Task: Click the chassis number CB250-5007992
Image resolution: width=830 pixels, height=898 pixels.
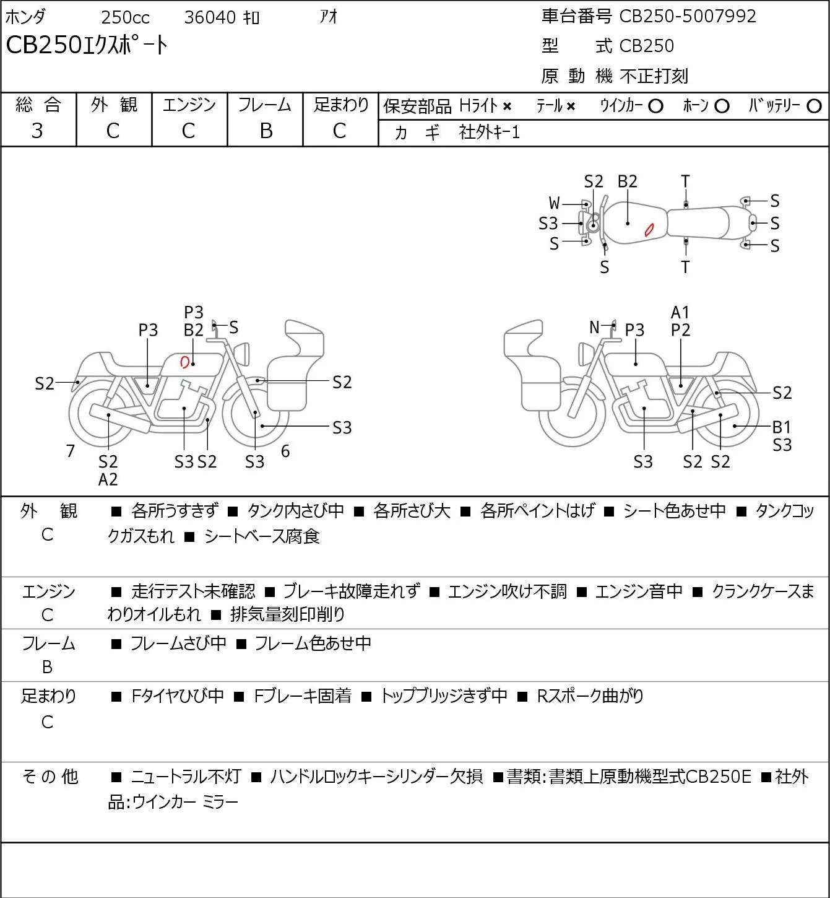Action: pyautogui.click(x=687, y=17)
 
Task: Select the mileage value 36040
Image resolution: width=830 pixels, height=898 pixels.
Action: pyautogui.click(x=210, y=17)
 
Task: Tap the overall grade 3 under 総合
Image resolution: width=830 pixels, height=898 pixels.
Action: pyautogui.click(x=37, y=131)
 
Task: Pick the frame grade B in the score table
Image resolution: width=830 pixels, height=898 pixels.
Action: pyautogui.click(x=266, y=131)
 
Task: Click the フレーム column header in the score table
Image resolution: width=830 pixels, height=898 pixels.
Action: pyautogui.click(x=264, y=105)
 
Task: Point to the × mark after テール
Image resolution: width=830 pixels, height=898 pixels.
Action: pyautogui.click(x=571, y=107)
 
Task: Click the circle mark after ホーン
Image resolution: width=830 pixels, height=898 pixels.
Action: pyautogui.click(x=722, y=107)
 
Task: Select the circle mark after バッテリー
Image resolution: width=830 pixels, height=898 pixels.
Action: pyautogui.click(x=814, y=107)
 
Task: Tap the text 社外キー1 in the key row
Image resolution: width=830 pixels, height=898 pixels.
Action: pyautogui.click(x=489, y=133)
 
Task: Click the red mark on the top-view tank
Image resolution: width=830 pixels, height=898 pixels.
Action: pyautogui.click(x=649, y=230)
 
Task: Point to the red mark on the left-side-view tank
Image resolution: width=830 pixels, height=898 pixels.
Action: pyautogui.click(x=184, y=361)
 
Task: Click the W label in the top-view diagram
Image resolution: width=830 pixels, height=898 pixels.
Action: pyautogui.click(x=554, y=204)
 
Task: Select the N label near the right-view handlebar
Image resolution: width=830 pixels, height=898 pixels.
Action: pyautogui.click(x=594, y=327)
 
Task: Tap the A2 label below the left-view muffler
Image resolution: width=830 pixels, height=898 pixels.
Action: pyautogui.click(x=108, y=479)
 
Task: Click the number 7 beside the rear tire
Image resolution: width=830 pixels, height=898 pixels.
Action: pyautogui.click(x=70, y=451)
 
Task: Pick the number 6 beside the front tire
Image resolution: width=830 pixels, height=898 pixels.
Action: pyautogui.click(x=285, y=451)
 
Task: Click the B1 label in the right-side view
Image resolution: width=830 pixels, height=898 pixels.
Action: pyautogui.click(x=782, y=427)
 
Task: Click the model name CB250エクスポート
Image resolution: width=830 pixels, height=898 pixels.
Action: pyautogui.click(x=87, y=45)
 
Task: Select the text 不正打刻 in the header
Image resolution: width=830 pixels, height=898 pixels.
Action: pyautogui.click(x=654, y=76)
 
